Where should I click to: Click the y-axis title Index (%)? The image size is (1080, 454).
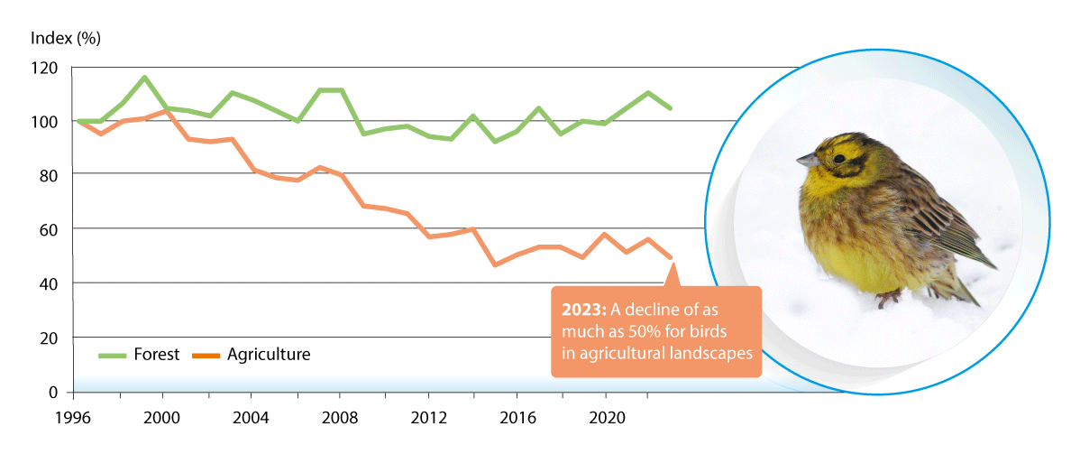[66, 38]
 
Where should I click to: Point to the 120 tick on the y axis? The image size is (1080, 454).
[43, 68]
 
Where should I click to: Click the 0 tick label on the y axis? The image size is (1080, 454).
[52, 393]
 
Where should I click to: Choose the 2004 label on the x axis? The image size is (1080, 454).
[251, 420]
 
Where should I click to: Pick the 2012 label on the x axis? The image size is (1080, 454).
[427, 420]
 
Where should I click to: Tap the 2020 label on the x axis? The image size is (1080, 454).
[605, 420]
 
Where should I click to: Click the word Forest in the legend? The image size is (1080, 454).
[158, 355]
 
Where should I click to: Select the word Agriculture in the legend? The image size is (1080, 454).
[269, 355]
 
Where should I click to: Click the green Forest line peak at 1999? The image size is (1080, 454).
[143, 78]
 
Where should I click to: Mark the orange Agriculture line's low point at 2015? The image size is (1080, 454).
[494, 264]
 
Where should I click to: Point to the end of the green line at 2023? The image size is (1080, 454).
[671, 108]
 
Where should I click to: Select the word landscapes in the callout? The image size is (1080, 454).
[709, 353]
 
